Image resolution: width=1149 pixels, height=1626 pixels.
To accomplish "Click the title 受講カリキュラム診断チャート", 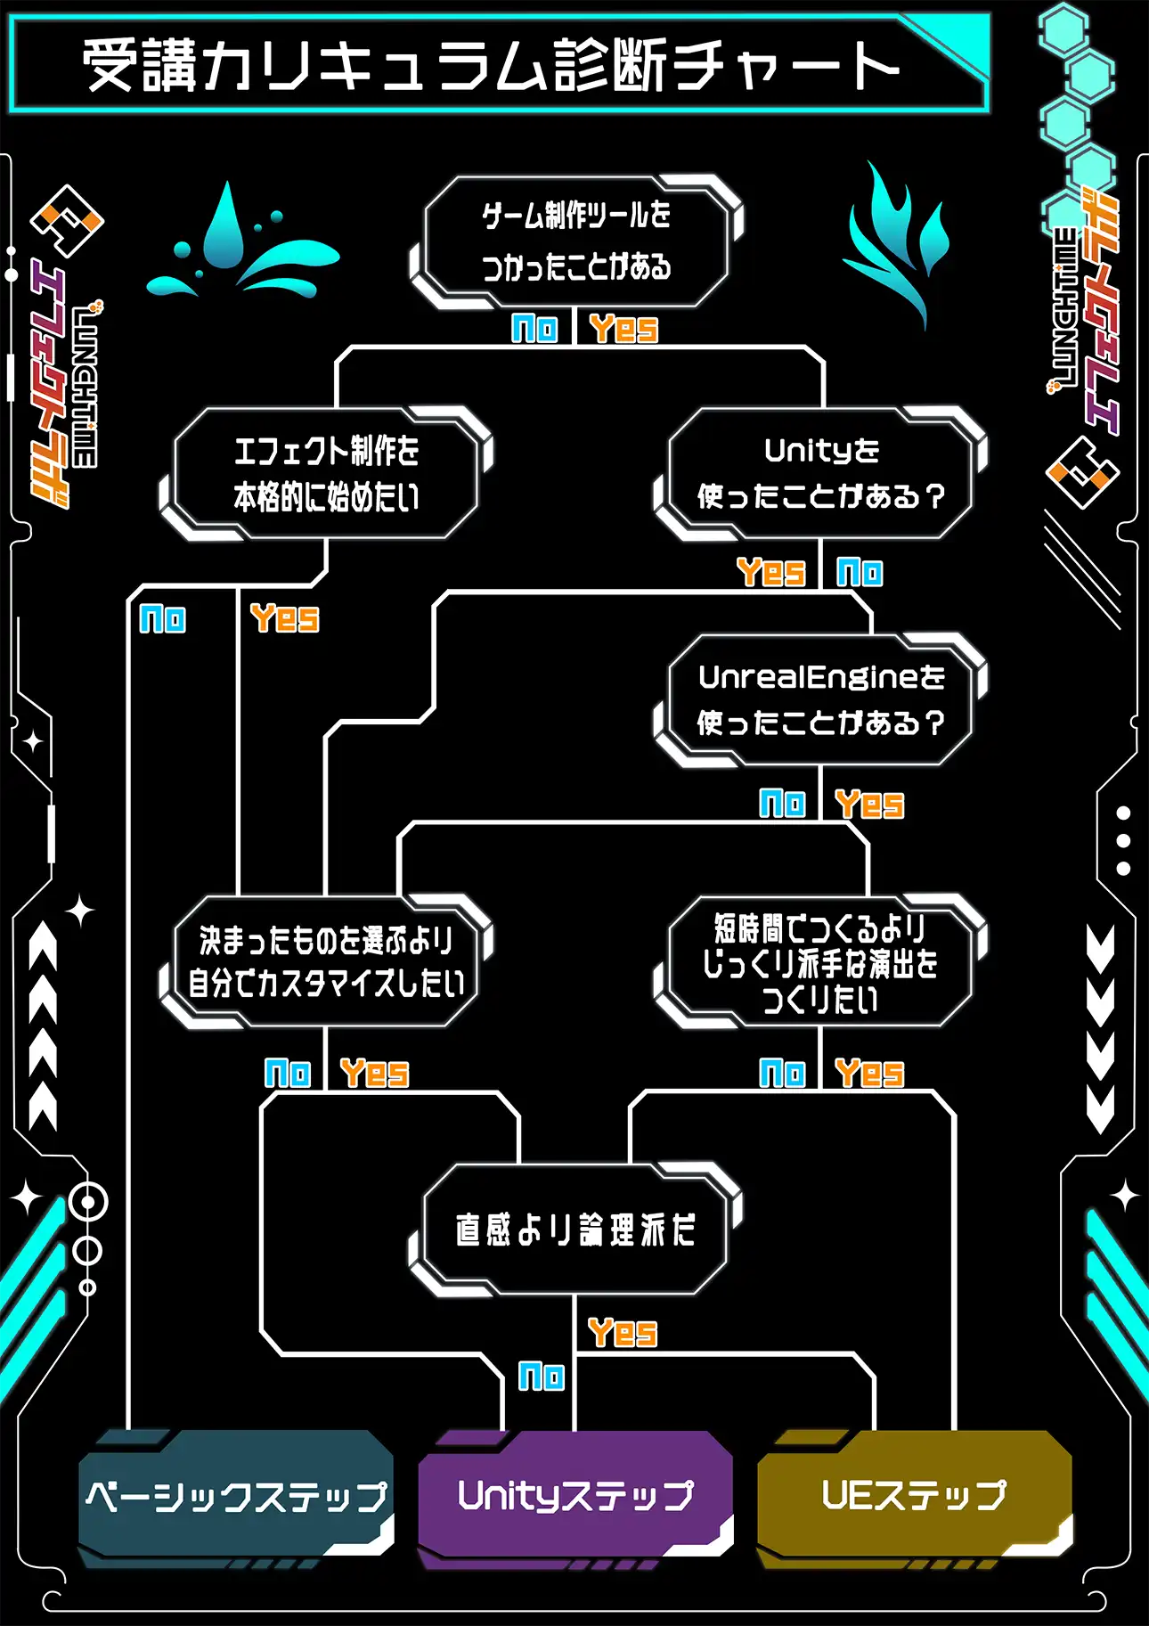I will [x=490, y=64].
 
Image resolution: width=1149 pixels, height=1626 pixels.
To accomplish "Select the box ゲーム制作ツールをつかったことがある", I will [x=576, y=241].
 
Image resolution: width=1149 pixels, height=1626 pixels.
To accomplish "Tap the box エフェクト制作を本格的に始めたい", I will [x=326, y=474].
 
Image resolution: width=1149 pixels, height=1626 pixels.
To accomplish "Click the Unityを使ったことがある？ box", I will [x=820, y=473].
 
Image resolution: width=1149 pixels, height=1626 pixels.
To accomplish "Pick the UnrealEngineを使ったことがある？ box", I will [x=820, y=700].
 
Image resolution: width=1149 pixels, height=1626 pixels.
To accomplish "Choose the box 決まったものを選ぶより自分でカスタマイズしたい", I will [x=326, y=961].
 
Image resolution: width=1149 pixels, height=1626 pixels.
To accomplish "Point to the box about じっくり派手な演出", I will [x=820, y=963].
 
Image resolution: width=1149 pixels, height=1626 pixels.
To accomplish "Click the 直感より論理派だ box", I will [x=575, y=1230].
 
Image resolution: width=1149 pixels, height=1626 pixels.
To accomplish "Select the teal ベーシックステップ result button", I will [x=236, y=1495].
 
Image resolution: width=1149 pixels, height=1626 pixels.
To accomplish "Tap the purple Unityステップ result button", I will [x=575, y=1495].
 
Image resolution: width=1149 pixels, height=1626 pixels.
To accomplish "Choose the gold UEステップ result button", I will [x=914, y=1495].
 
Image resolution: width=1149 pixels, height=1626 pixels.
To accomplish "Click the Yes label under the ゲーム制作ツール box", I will [x=623, y=329].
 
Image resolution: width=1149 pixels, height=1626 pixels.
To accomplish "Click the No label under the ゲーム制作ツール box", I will [x=534, y=329].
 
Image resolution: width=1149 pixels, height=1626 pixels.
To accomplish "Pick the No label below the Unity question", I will [x=860, y=572].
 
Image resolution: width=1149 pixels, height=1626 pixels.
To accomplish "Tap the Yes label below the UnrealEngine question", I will [x=869, y=805].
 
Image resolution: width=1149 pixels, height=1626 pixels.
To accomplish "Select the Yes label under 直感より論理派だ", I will [x=623, y=1334].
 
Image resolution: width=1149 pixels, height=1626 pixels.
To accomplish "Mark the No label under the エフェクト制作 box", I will [x=163, y=618].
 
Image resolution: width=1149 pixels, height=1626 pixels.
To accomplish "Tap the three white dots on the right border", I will [x=1123, y=840].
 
